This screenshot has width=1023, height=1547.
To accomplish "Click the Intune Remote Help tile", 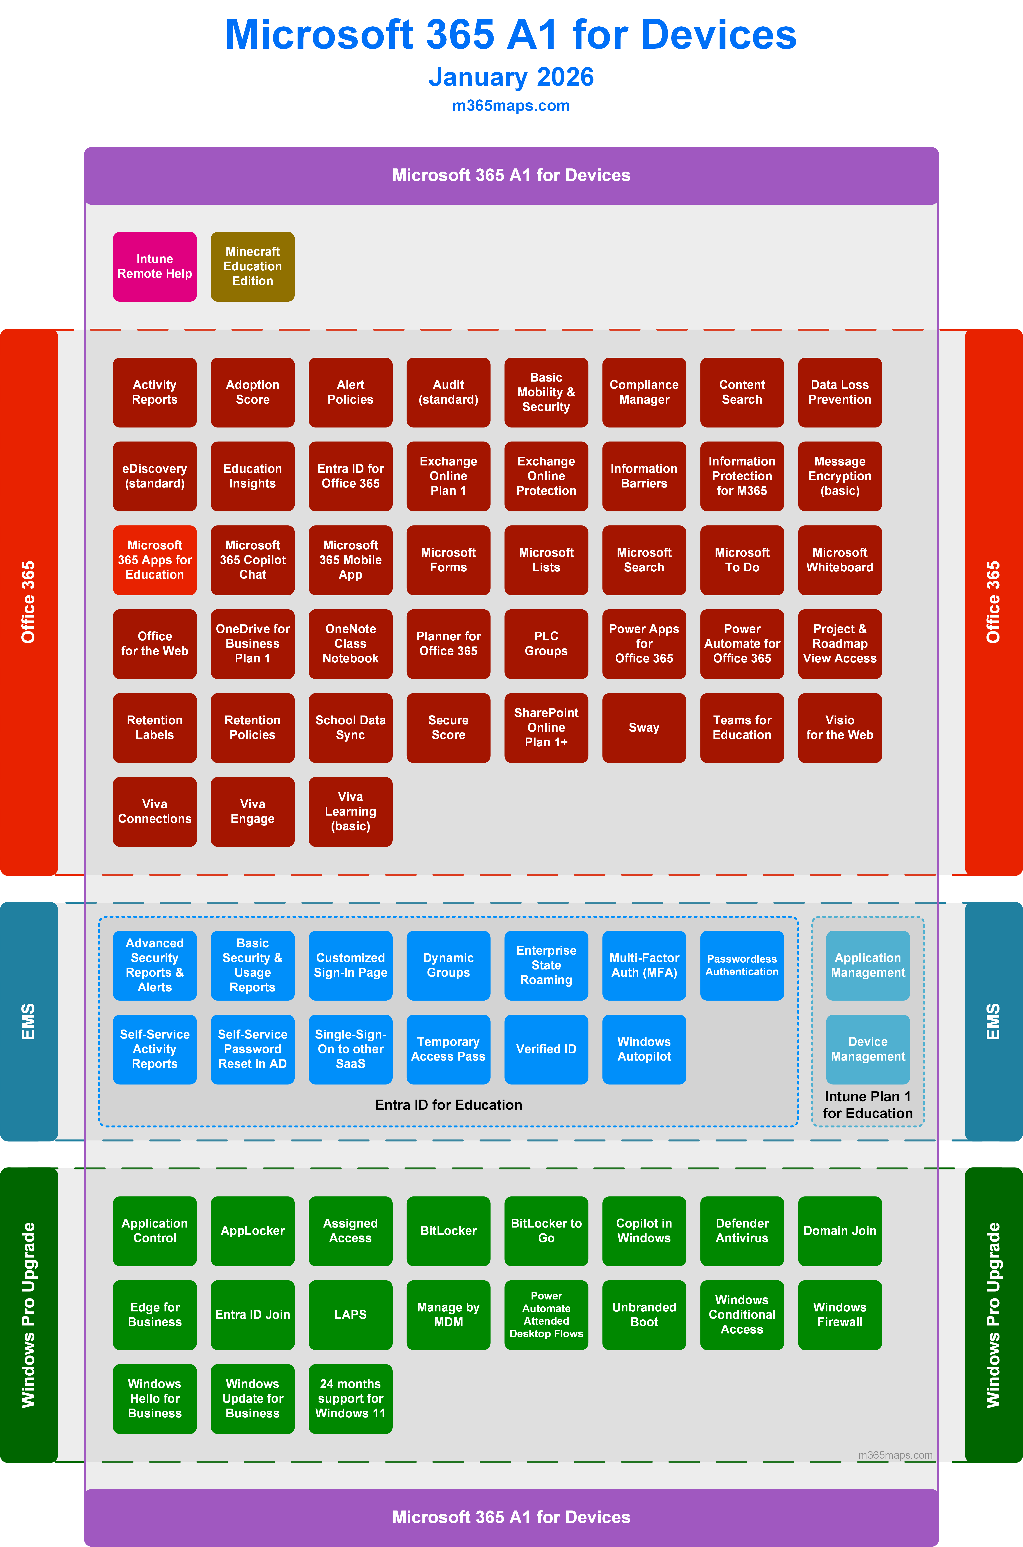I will (155, 266).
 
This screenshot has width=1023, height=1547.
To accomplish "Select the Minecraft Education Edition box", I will (252, 266).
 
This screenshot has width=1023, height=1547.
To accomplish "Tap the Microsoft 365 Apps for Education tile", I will (155, 560).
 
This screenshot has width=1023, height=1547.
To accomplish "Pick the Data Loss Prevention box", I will (840, 392).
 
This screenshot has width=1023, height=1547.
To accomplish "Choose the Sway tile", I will (644, 727).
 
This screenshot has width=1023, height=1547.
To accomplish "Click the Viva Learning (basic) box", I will (350, 811).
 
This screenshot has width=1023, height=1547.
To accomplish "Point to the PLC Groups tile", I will (546, 644).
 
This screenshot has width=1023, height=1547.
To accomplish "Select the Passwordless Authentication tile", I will (742, 965).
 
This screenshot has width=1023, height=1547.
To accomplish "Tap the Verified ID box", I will (546, 1049).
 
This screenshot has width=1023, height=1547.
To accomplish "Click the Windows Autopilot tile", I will (644, 1049).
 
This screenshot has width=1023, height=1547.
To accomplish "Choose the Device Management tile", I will (868, 1049).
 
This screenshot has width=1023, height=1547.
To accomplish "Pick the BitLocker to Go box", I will (546, 1231).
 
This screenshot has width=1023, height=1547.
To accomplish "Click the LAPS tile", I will (350, 1314).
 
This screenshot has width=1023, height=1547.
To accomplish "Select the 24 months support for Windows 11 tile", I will (350, 1398).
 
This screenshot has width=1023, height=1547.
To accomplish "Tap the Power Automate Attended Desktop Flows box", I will (546, 1314).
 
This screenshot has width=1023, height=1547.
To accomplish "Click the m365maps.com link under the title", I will (511, 106).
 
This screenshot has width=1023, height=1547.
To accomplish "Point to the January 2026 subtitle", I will (511, 77).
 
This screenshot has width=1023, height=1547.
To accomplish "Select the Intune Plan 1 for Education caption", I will (868, 1105).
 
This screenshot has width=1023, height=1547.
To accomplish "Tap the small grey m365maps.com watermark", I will (895, 1455).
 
